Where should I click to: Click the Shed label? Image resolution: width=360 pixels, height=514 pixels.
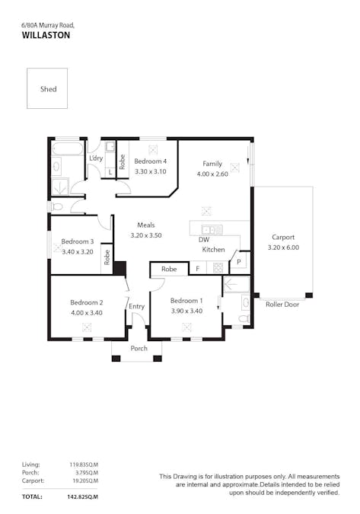click(47, 89)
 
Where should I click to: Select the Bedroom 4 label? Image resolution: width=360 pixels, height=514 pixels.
click(150, 161)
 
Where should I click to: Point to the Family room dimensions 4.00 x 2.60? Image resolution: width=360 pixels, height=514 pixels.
click(212, 174)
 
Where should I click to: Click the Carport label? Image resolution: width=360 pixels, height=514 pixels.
click(282, 237)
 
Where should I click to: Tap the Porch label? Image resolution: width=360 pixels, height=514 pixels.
click(139, 348)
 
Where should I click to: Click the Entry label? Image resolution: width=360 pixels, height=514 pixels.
click(137, 306)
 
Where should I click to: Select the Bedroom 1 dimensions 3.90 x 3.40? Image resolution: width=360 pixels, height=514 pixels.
click(186, 310)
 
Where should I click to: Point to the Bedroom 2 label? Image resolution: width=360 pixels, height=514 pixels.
click(86, 302)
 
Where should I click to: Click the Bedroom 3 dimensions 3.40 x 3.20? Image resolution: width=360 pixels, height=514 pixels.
click(77, 251)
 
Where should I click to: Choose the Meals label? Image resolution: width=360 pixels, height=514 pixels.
click(146, 225)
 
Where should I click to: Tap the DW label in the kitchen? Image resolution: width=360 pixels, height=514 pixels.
click(203, 240)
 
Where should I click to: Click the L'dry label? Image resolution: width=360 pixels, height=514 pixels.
click(96, 158)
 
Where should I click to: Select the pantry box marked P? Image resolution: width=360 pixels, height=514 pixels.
click(238, 261)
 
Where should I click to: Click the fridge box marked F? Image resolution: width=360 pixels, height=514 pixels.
click(197, 269)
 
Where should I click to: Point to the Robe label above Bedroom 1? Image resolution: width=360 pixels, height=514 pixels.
click(169, 269)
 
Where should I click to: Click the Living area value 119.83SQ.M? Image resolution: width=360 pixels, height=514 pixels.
click(83, 464)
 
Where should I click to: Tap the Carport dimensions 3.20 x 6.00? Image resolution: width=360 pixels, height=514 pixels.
click(283, 247)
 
